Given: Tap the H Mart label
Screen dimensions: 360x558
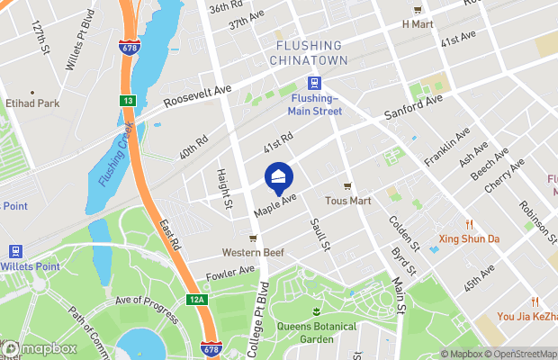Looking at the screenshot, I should coord(418,23).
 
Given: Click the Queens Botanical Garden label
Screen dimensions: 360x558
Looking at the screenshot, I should coord(316,333).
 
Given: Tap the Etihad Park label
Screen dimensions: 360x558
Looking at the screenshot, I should coord(31,103).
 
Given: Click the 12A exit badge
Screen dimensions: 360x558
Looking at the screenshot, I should coord(199,300).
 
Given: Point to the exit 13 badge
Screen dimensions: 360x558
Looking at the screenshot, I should coord(128,101).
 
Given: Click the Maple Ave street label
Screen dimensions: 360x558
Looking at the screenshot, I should coord(275,204).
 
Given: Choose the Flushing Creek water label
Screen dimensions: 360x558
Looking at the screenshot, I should coord(112,154).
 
